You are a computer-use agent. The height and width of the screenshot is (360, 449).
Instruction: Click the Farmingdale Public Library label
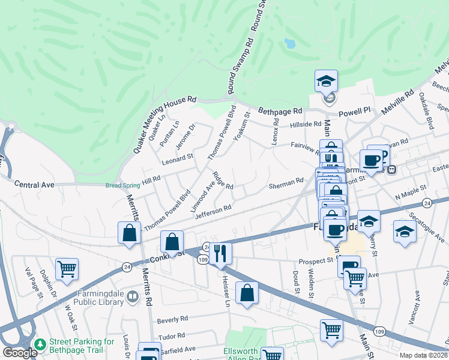(x=100, y=298)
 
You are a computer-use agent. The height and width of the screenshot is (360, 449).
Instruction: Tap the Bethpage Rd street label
(x=280, y=111)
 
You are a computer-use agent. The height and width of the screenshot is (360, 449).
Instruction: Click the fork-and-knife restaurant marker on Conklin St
(x=222, y=253)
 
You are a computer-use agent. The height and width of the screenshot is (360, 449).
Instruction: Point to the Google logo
(x=19, y=352)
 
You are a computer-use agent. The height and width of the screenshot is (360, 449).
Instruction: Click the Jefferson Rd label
(x=213, y=211)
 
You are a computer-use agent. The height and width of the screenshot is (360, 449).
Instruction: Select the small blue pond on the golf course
(x=290, y=44)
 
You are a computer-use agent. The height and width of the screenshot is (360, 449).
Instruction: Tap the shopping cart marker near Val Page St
(x=67, y=269)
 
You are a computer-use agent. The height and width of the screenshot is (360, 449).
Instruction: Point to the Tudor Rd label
(x=172, y=336)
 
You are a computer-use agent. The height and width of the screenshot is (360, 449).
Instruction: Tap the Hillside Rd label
(x=306, y=124)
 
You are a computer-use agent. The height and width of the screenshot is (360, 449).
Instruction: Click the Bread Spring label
(x=122, y=185)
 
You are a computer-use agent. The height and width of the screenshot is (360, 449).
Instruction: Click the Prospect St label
(x=316, y=262)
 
